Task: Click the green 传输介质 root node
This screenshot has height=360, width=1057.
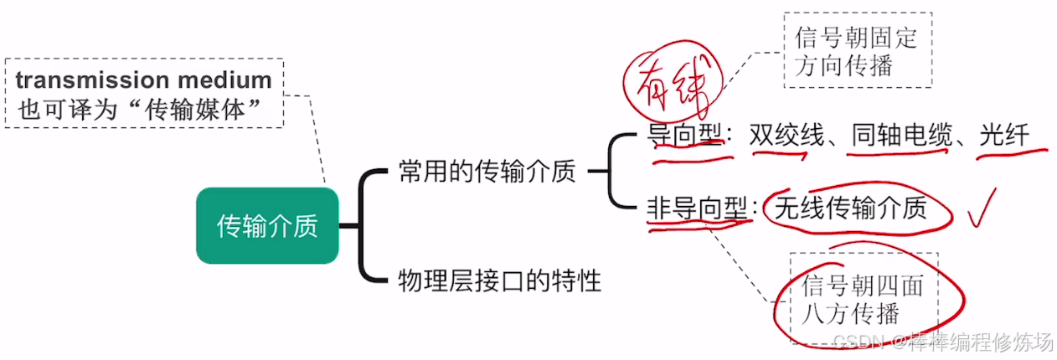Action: click(267, 226)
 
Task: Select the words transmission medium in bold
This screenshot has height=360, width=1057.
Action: click(143, 80)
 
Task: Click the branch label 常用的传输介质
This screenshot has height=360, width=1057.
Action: click(487, 172)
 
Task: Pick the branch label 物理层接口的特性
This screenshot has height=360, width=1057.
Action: click(500, 280)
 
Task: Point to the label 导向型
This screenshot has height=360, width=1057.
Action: click(684, 135)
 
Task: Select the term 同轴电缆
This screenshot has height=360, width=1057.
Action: click(902, 135)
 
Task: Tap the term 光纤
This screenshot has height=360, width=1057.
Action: click(1004, 135)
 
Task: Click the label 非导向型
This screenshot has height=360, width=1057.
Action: click(696, 208)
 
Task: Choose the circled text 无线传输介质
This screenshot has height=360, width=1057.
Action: click(851, 208)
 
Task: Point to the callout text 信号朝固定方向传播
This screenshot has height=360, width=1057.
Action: click(856, 51)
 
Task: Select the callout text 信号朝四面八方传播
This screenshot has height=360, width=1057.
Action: click(863, 300)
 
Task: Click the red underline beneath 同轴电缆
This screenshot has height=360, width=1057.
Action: click(903, 153)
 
